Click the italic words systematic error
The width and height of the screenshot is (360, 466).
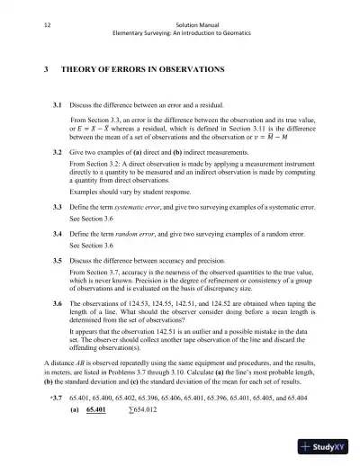(x=144, y=208)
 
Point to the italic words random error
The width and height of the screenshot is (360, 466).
(x=138, y=233)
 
